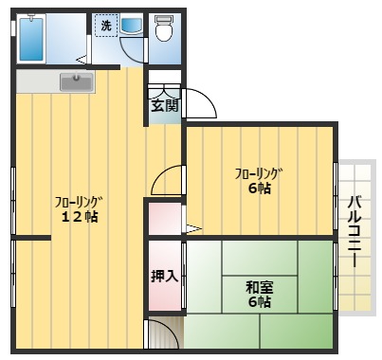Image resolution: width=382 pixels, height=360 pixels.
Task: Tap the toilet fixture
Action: tap(163, 29)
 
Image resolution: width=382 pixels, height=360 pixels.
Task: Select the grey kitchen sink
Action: tap(77, 83)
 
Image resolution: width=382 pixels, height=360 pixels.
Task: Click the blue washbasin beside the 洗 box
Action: tap(131, 26)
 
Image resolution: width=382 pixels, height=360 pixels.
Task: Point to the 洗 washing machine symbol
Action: tap(106, 26)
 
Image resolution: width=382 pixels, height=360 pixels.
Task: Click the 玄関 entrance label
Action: tap(163, 105)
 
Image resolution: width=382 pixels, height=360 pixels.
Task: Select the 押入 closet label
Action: tap(163, 277)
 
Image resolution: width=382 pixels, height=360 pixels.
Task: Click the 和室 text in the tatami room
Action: tap(258, 286)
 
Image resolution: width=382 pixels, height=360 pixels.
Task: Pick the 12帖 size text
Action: tap(80, 217)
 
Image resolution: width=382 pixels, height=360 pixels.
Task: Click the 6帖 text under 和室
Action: tap(259, 302)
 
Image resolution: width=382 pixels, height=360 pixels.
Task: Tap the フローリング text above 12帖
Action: tap(78, 201)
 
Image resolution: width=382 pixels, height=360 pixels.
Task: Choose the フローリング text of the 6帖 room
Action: tap(259, 172)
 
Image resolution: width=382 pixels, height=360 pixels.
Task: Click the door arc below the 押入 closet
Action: tap(167, 333)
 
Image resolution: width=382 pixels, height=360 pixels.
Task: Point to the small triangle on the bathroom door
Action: tap(82, 60)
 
